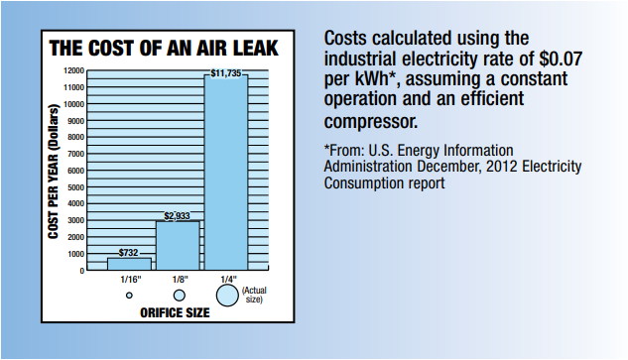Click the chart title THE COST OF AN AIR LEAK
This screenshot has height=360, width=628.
pos(164,48)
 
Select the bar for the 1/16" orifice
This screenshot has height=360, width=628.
pos(129,264)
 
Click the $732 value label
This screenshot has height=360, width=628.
pos(129,253)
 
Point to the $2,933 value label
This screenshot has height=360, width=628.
pos(178,215)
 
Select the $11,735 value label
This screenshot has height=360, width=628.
pos(226,72)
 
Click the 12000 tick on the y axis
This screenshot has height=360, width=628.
pos(72,71)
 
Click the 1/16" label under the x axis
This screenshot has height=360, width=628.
pos(129,281)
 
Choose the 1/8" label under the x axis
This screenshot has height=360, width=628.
pos(179,281)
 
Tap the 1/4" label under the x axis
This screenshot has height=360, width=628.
pos(227,281)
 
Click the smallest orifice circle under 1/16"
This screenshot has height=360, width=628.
pos(129,296)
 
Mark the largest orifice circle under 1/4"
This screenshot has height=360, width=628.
pos(227,296)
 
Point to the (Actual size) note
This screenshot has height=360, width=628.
pos(254,295)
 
